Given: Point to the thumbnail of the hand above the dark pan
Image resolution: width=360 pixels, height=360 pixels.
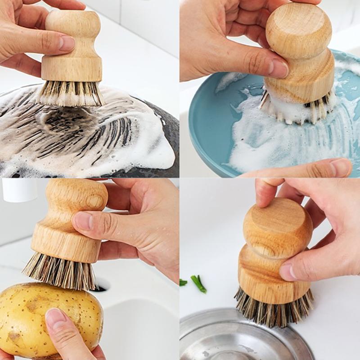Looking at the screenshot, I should [x=67, y=43].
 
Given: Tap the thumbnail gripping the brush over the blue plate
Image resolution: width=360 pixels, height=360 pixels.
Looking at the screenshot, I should [x=279, y=68].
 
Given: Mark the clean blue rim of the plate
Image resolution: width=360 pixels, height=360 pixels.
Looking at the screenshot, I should [x=202, y=130].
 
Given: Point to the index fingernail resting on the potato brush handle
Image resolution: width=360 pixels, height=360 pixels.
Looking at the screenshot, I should [x=83, y=221].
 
